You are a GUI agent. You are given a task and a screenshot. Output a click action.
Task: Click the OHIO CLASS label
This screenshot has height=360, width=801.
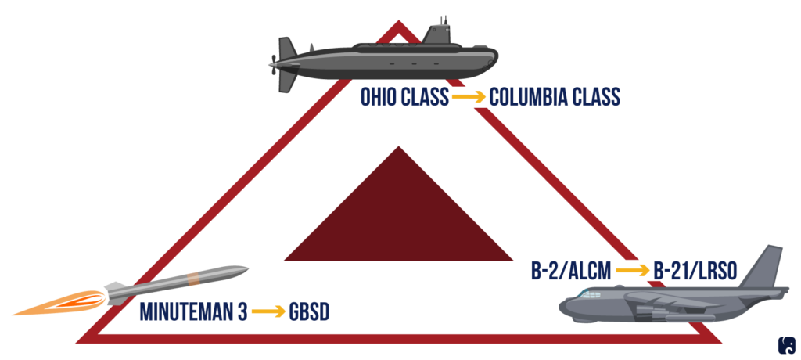(x=404, y=97)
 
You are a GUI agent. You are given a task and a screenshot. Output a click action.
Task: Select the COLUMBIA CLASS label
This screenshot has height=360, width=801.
(x=555, y=97)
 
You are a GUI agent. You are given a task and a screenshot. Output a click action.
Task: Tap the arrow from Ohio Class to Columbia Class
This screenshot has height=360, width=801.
(x=468, y=97)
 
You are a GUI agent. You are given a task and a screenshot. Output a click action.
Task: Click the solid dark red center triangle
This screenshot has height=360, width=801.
(x=399, y=219)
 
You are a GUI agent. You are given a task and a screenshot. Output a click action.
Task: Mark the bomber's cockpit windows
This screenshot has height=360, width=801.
(x=585, y=295)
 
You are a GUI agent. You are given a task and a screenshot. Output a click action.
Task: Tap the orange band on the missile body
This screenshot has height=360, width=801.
(x=192, y=279)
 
